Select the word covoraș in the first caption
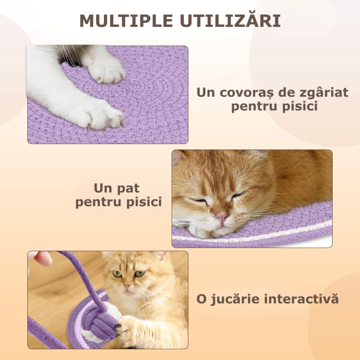(x=244, y=93)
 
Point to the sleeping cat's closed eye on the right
(x=237, y=196)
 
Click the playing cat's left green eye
(x=118, y=274)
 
